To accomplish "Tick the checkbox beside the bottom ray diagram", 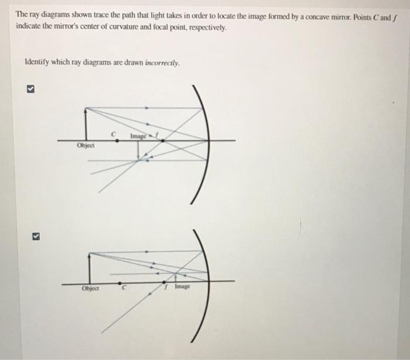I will pos(35,236).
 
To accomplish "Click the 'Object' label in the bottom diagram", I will pos(91,287).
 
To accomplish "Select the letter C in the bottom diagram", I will pos(123,287).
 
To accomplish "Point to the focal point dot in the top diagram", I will pos(162,140).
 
